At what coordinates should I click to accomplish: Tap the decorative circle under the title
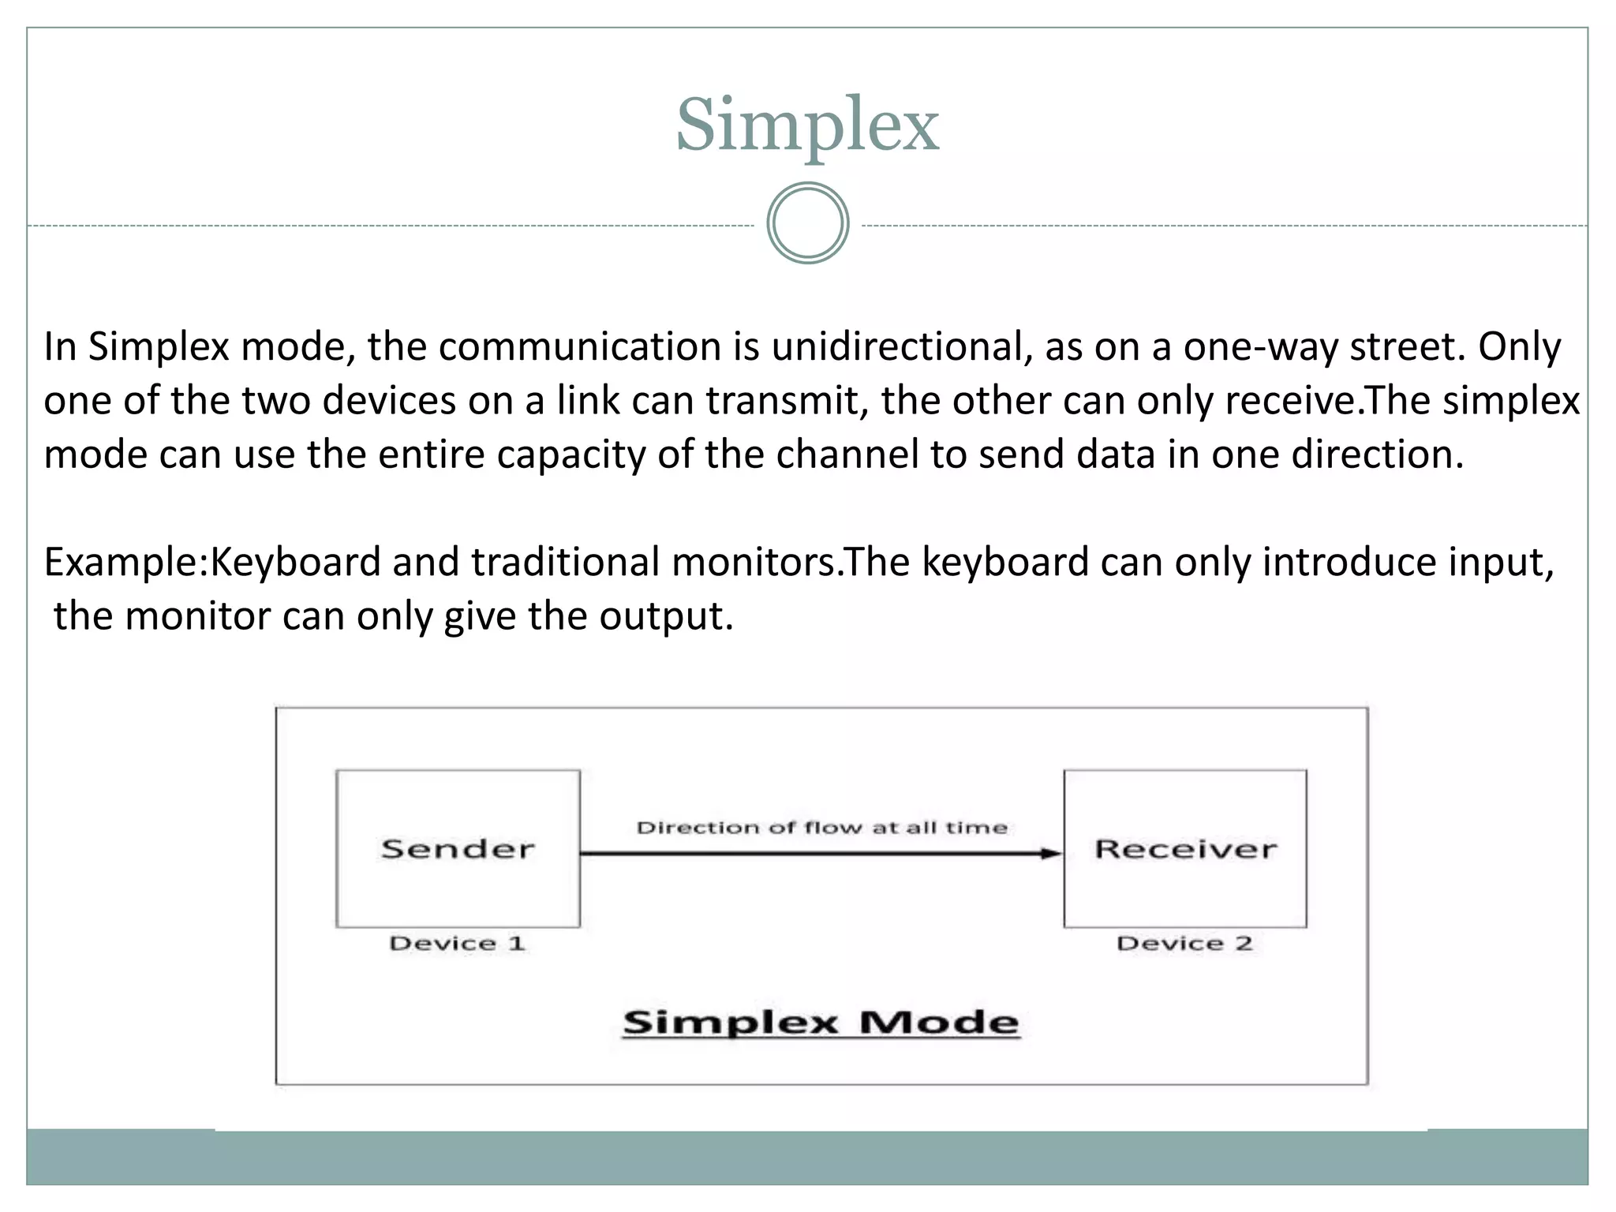(x=807, y=223)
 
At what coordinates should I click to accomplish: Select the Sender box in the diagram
(x=458, y=849)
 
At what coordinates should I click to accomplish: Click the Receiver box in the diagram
(x=1185, y=849)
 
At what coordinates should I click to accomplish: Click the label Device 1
(x=457, y=944)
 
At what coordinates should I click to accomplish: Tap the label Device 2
(x=1184, y=944)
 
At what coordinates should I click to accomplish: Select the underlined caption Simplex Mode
(x=821, y=1023)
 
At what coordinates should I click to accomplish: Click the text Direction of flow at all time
(x=821, y=828)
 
